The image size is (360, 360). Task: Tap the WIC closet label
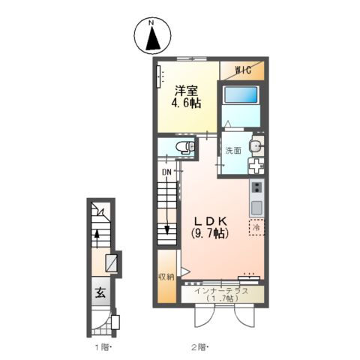243,70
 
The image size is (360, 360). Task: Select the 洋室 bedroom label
186,91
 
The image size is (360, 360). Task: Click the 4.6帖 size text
186,103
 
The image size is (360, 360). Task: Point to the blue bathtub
241,94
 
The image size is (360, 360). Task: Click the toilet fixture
185,146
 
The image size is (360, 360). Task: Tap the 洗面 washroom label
233,150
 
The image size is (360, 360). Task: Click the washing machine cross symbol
256,166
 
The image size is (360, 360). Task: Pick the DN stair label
166,172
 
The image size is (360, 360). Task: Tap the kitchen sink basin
256,208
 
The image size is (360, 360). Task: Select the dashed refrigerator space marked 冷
256,227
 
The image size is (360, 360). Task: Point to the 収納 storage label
166,277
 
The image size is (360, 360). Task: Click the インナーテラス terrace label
222,291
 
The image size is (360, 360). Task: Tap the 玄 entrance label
100,292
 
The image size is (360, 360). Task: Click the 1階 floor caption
102,347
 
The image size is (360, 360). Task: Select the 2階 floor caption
199,347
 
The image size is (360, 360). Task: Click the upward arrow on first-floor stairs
97,238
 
